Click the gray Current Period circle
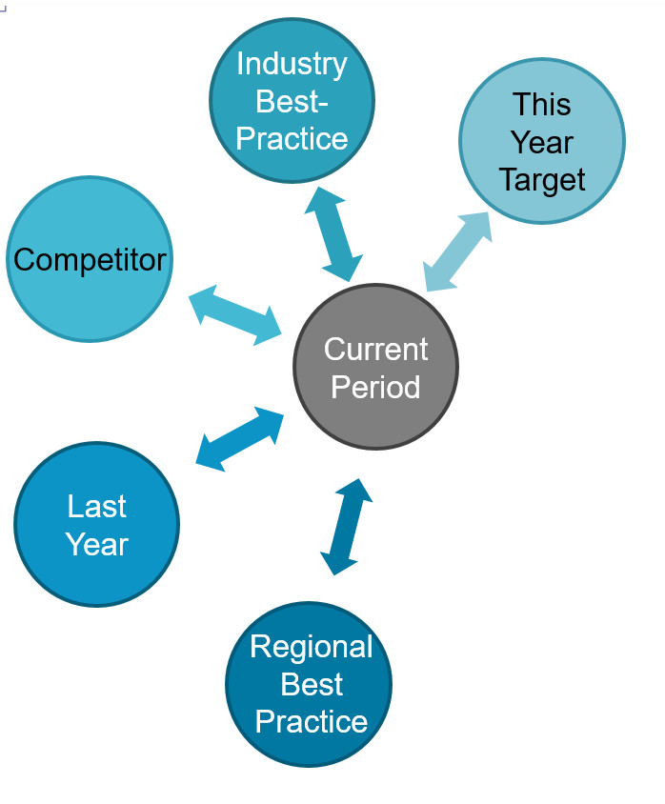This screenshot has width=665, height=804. pyautogui.click(x=375, y=367)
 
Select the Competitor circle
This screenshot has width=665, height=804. pyautogui.click(x=90, y=259)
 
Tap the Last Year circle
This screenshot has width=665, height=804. pyautogui.click(x=97, y=524)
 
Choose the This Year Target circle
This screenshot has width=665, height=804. pyautogui.click(x=542, y=141)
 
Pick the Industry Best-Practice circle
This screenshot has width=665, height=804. pyautogui.click(x=292, y=100)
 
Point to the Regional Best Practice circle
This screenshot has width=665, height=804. pyautogui.click(x=309, y=684)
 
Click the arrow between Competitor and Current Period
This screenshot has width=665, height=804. pyautogui.click(x=235, y=314)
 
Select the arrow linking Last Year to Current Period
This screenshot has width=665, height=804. pyautogui.click(x=240, y=439)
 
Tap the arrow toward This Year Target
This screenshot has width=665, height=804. pyautogui.click(x=457, y=251)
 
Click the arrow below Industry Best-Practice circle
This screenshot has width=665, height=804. pyautogui.click(x=333, y=234)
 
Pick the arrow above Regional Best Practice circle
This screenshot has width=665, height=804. pyautogui.click(x=346, y=527)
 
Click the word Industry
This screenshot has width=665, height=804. pyautogui.click(x=292, y=65)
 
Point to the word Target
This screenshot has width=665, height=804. pyautogui.click(x=542, y=180)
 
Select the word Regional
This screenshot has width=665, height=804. pyautogui.click(x=312, y=647)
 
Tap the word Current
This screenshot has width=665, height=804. pyautogui.click(x=375, y=350)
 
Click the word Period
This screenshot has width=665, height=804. pyautogui.click(x=375, y=387)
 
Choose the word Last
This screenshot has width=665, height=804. pyautogui.click(x=97, y=507)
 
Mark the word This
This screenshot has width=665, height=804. pyautogui.click(x=542, y=104)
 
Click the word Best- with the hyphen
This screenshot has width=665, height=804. pyautogui.click(x=292, y=101)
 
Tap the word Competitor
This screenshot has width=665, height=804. pyautogui.click(x=90, y=260)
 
